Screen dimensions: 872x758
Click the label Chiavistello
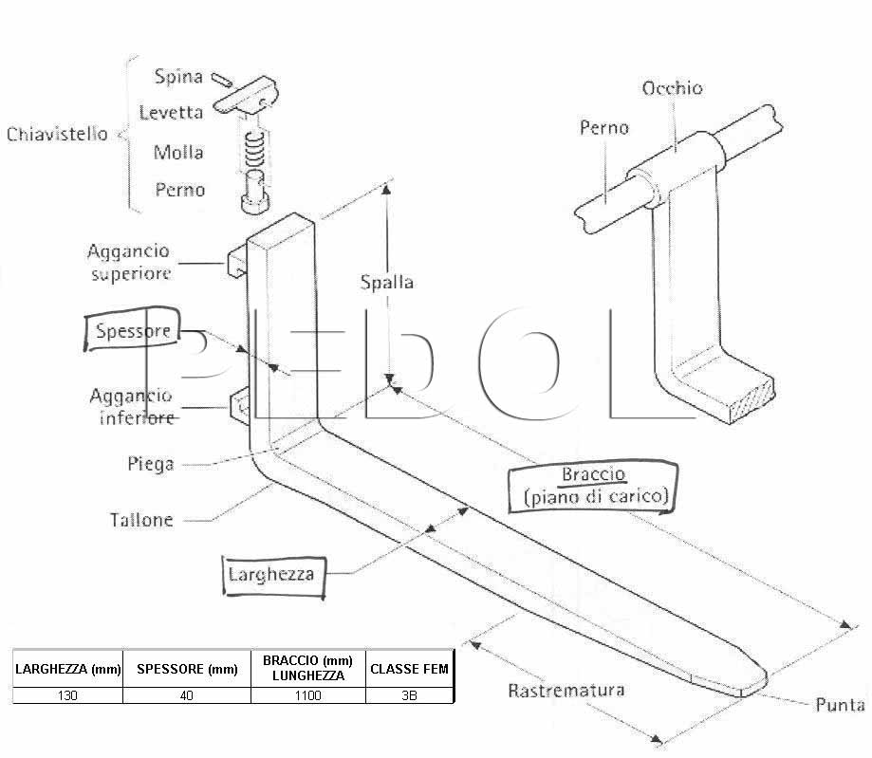57,134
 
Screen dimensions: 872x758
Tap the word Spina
178,76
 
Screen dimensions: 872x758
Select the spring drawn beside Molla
254,150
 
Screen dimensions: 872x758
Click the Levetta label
171,112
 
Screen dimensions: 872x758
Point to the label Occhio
673,88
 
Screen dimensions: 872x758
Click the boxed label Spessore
133,330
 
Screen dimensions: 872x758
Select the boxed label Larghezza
273,576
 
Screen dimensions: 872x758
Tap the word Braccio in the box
594,474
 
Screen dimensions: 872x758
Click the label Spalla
387,282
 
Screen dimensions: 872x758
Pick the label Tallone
141,520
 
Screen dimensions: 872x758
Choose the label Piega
151,464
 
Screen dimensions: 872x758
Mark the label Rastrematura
566,691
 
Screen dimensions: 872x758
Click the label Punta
841,705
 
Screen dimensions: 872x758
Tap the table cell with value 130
67,695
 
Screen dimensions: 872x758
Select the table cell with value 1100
308,695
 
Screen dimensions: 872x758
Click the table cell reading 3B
409,695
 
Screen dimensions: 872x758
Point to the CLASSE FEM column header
409,669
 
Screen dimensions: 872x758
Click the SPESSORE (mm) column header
187,669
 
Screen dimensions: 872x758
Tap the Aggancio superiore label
129,262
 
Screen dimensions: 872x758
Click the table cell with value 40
187,695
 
